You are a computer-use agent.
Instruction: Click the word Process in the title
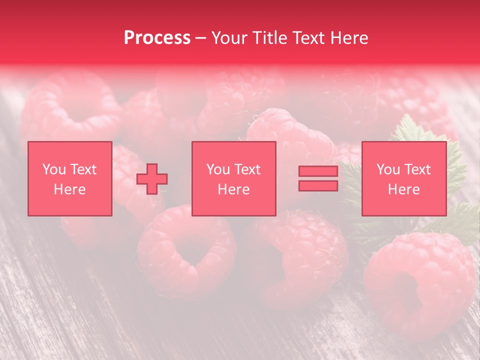coord(157,38)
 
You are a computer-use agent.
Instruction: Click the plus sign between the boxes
coord(152,179)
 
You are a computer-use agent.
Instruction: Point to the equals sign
coord(318,178)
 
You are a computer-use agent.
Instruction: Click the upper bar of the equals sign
coord(318,171)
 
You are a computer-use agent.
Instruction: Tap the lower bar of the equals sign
coord(318,185)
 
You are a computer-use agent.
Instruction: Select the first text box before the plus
coord(70,178)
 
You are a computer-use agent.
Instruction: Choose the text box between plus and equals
coord(234,178)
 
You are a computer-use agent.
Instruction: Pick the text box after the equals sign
coord(404,178)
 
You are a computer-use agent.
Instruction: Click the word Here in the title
coord(349,38)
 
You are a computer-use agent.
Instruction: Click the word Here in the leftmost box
coord(69,189)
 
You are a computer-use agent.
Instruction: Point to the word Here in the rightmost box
coord(403,189)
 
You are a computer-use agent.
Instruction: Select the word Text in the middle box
coord(247,169)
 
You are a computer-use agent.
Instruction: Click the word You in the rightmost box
coord(388,169)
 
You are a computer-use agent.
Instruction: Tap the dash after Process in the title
coord(200,38)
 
